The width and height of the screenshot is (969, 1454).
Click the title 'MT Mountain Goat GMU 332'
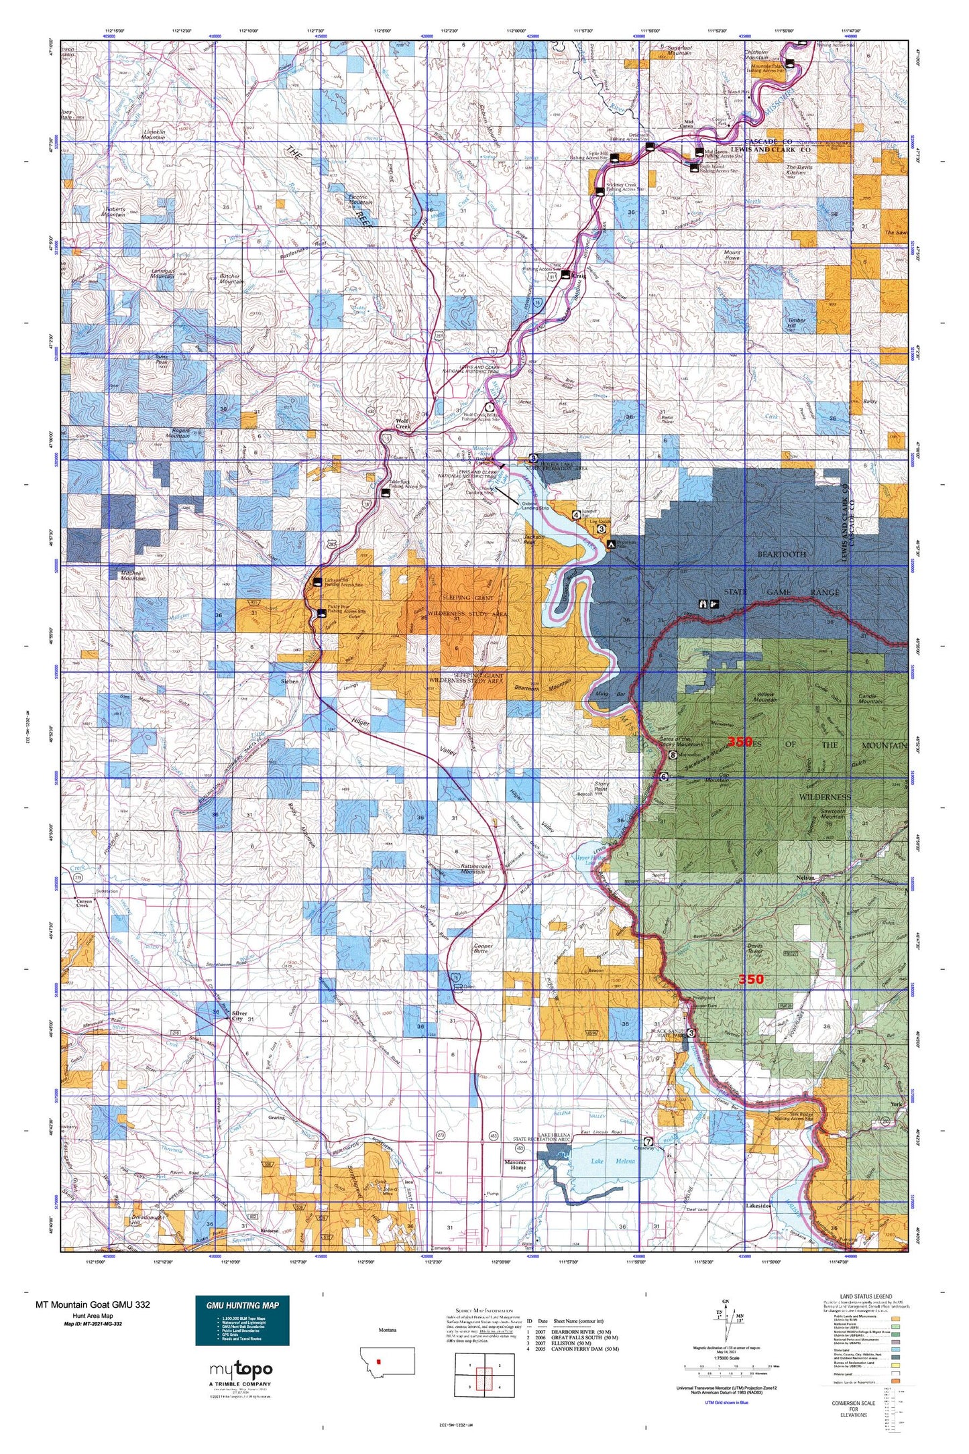click(x=93, y=1304)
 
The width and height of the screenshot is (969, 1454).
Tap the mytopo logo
click(x=241, y=1369)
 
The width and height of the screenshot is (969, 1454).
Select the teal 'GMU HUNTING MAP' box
click(x=242, y=1320)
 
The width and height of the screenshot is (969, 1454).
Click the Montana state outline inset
click(x=387, y=1361)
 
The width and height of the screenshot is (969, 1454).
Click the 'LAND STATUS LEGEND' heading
click(x=865, y=1296)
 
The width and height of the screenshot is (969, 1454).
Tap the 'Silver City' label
click(x=239, y=1016)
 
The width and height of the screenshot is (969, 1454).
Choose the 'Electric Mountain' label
click(x=360, y=199)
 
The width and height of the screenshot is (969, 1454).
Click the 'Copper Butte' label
click(x=483, y=948)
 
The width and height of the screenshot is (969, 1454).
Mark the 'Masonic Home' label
click(x=515, y=1165)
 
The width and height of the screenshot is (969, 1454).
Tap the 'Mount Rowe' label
click(x=732, y=256)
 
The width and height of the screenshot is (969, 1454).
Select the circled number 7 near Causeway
click(x=648, y=1141)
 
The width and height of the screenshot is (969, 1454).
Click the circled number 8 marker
click(x=673, y=755)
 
